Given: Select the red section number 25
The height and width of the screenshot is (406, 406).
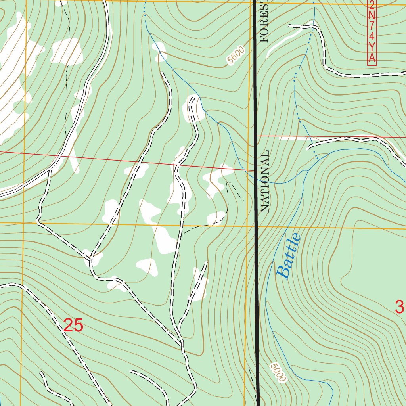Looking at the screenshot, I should coord(73,326).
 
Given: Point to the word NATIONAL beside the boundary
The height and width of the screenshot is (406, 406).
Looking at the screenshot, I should coord(265,181).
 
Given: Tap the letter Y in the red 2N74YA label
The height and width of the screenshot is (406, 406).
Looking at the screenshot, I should coord(372,47).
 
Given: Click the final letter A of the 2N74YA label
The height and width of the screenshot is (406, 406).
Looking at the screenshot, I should coord(372,58).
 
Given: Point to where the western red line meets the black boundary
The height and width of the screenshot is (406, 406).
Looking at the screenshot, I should coord(255,170).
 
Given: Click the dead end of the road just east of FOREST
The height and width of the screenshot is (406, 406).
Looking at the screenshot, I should coord(289,26).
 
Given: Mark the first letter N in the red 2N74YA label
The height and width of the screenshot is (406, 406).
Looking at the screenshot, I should coord(372,16).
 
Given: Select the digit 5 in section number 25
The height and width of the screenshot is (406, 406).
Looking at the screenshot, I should coord(79,326).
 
